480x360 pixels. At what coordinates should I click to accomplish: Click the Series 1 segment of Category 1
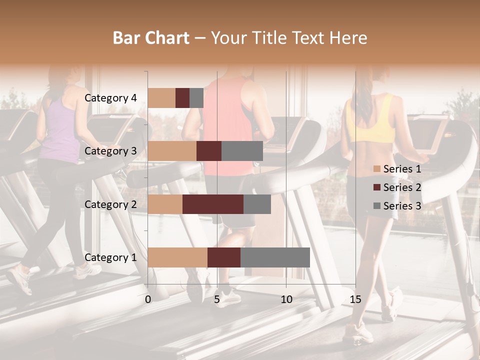click(x=177, y=257)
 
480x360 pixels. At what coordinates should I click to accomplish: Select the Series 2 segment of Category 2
click(x=213, y=204)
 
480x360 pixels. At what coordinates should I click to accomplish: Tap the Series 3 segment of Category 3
click(x=242, y=151)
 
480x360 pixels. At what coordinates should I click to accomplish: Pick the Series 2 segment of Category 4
click(x=182, y=98)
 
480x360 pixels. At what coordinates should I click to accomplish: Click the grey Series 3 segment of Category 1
click(x=275, y=257)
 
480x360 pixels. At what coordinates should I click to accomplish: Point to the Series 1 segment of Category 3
click(x=172, y=151)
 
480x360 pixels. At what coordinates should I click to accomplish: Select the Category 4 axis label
click(x=110, y=98)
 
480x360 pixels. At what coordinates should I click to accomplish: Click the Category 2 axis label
click(x=110, y=204)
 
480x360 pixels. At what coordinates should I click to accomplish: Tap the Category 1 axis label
click(x=110, y=257)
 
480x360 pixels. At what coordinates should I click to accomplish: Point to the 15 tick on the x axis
click(x=355, y=299)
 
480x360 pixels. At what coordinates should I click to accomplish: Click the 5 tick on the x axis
click(x=217, y=299)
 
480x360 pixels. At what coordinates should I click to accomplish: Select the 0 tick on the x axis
click(x=148, y=299)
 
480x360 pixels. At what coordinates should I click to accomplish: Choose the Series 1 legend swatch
click(x=377, y=169)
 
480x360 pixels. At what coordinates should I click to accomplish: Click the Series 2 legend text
click(x=402, y=187)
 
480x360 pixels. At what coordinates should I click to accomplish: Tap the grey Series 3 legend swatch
click(x=377, y=206)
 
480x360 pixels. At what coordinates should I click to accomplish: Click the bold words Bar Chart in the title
click(x=151, y=38)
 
